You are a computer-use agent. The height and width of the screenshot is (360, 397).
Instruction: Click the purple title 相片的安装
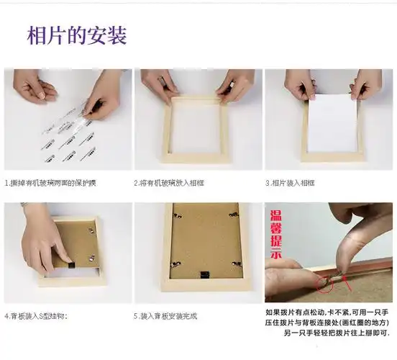77,35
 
